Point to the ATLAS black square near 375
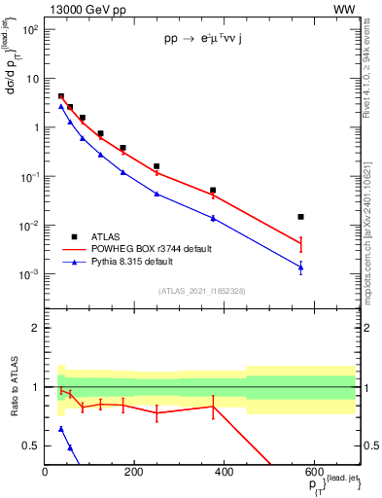coord(213,191)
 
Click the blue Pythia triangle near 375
coord(213,218)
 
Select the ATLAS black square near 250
coord(156,166)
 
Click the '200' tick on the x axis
coord(134,472)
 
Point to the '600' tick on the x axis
coord(313,472)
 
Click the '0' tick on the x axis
coord(45,472)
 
